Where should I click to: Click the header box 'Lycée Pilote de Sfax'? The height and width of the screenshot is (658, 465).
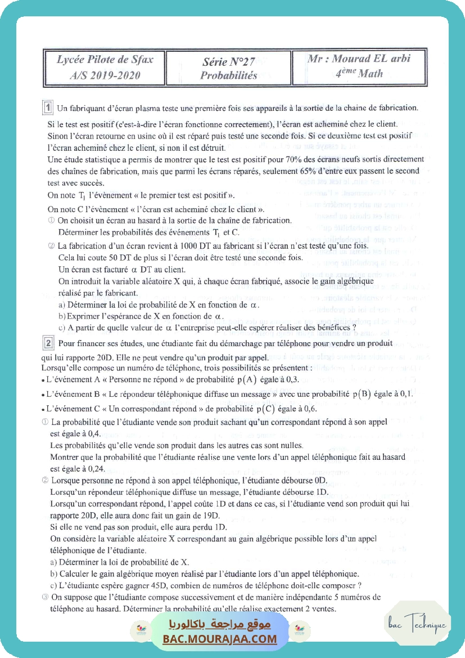click(x=105, y=66)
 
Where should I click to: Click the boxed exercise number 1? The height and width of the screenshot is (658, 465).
click(x=49, y=108)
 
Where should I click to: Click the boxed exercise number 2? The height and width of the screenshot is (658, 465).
click(x=49, y=342)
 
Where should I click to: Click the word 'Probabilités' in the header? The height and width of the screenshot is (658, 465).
click(x=229, y=75)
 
